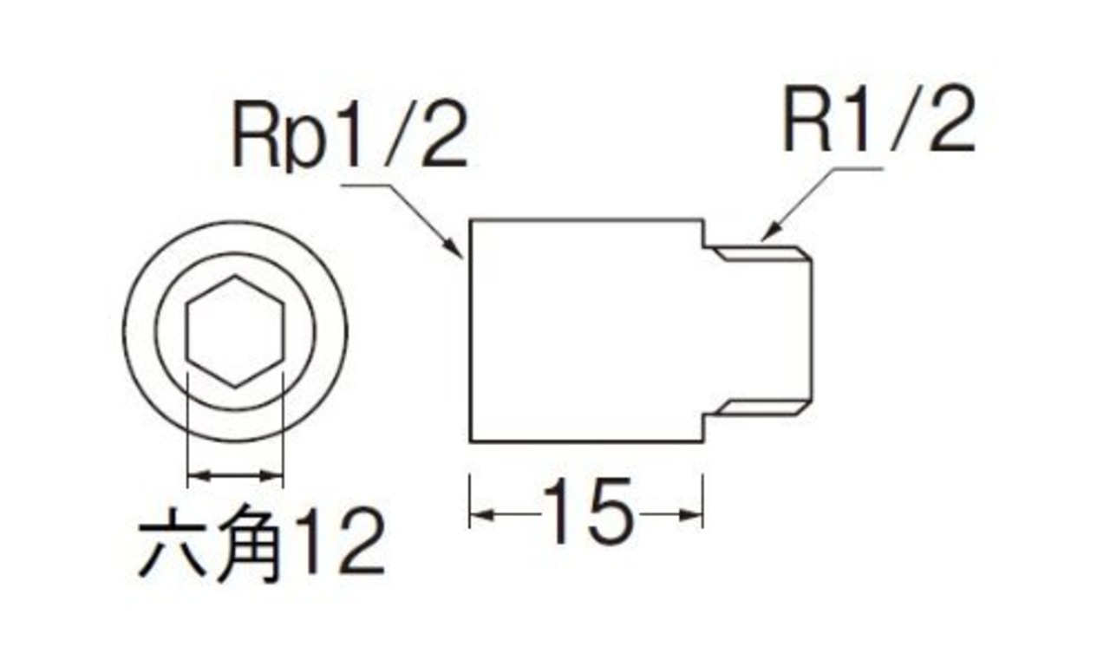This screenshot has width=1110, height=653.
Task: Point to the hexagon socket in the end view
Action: pos(235,330)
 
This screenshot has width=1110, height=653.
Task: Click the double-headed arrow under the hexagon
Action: pos(235,475)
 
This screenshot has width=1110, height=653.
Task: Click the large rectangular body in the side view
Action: pos(585,330)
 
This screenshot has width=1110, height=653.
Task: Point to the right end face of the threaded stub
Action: pos(813,330)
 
